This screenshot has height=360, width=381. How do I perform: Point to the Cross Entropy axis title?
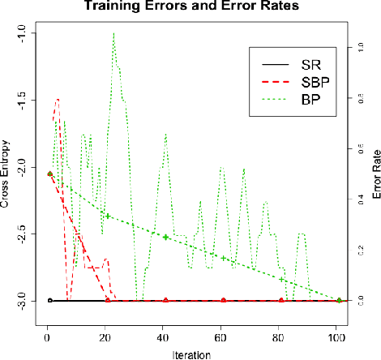coord(7,170)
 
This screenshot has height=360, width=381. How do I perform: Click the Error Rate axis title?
coord(374,171)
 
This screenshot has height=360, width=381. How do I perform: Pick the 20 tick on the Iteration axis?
coord(105,335)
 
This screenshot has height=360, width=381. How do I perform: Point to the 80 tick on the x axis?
coord(279,335)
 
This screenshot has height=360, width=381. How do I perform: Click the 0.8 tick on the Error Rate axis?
coord(352,99)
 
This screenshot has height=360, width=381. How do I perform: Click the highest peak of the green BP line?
coord(113,33)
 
